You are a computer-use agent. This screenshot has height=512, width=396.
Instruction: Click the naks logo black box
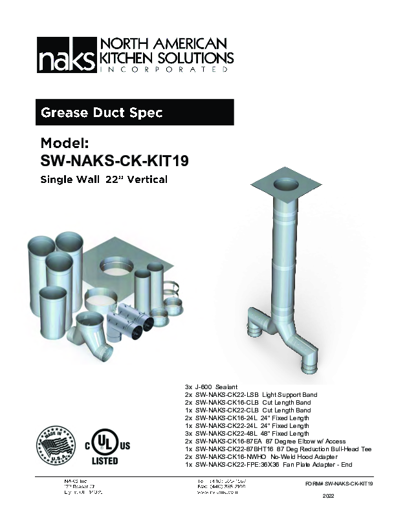(x=66, y=56)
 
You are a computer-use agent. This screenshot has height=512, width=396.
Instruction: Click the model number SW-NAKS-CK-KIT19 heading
(x=109, y=159)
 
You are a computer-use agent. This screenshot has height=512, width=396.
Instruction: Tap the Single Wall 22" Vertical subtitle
(x=104, y=179)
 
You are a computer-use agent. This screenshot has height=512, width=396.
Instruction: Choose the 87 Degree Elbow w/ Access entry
(x=261, y=442)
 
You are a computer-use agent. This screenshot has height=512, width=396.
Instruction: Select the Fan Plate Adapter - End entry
(x=269, y=465)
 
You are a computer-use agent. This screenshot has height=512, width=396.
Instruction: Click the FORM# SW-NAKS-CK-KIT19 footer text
(x=339, y=484)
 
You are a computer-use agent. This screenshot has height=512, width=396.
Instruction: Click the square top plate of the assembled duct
(x=285, y=187)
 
